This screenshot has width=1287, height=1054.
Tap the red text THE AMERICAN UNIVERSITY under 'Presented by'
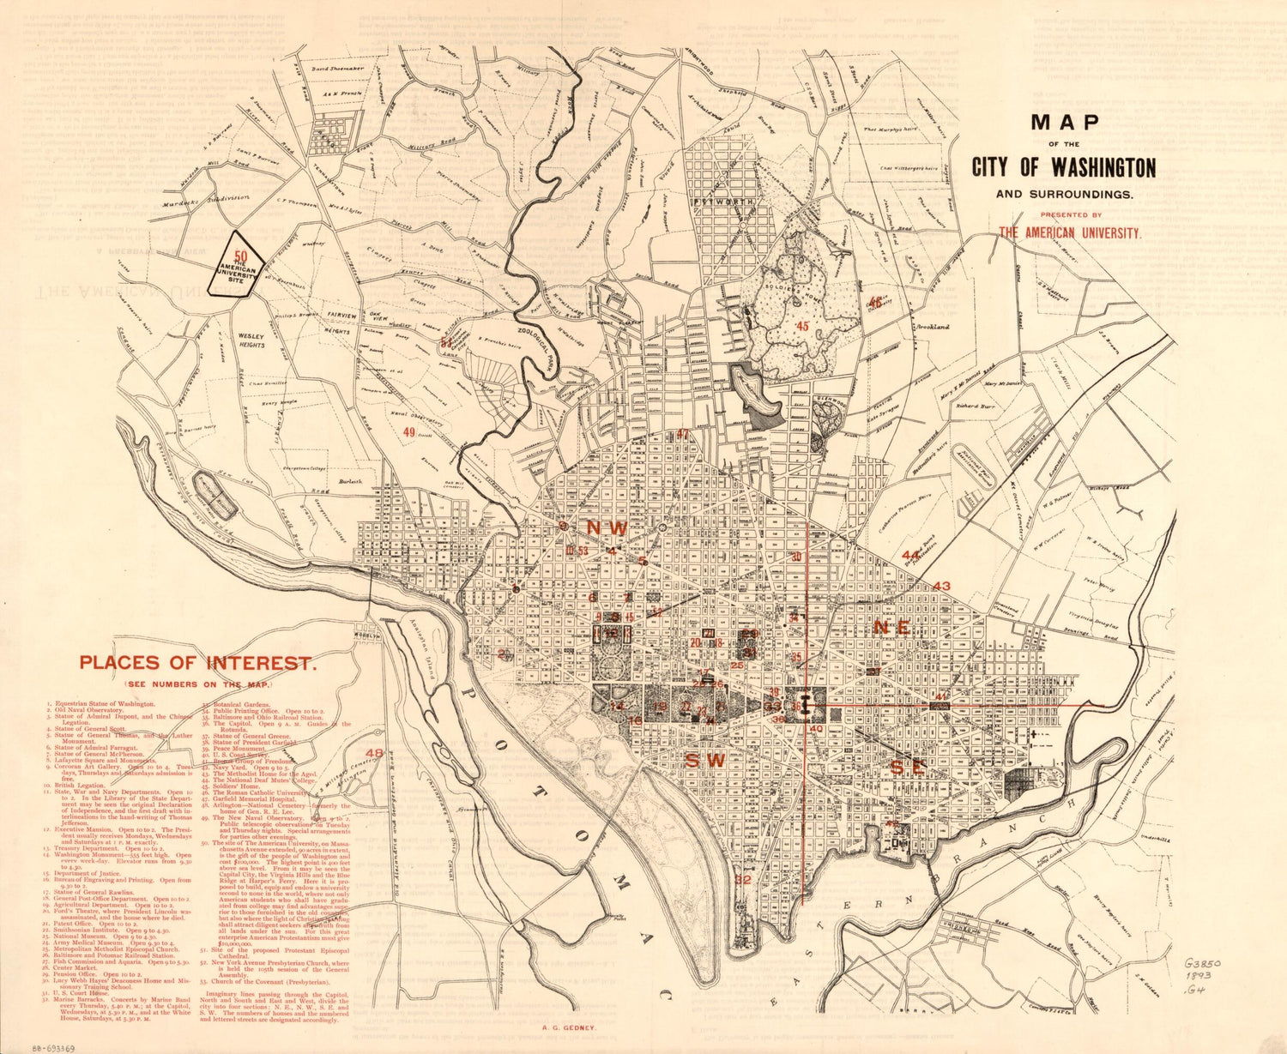(1069, 232)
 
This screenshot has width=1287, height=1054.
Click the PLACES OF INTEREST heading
(197, 663)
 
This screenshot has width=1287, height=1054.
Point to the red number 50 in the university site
(241, 256)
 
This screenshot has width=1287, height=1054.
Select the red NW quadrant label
(607, 527)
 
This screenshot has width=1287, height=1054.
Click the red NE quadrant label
(891, 628)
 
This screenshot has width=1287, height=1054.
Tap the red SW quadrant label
(704, 760)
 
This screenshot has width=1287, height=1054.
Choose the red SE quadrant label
(907, 768)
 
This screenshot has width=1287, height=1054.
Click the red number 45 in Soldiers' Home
(802, 326)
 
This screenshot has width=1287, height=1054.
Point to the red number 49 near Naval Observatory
(409, 432)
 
